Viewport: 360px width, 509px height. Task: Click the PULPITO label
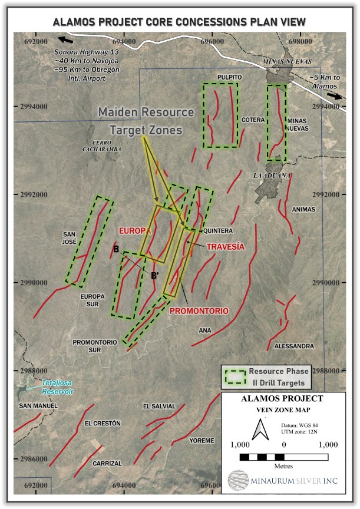[x=230, y=77]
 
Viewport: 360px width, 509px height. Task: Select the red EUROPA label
[x=135, y=231]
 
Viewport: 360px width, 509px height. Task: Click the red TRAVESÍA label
[x=225, y=247]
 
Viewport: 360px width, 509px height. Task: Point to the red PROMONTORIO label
[x=199, y=310]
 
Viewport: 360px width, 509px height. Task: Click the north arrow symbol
[x=257, y=431]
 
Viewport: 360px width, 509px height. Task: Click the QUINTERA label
[x=219, y=230]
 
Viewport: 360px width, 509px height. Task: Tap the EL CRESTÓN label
[x=103, y=424]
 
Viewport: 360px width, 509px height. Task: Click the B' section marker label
[x=156, y=275]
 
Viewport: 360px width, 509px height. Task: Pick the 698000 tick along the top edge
[x=300, y=41]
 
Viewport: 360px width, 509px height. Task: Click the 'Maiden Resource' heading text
[x=146, y=112]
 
